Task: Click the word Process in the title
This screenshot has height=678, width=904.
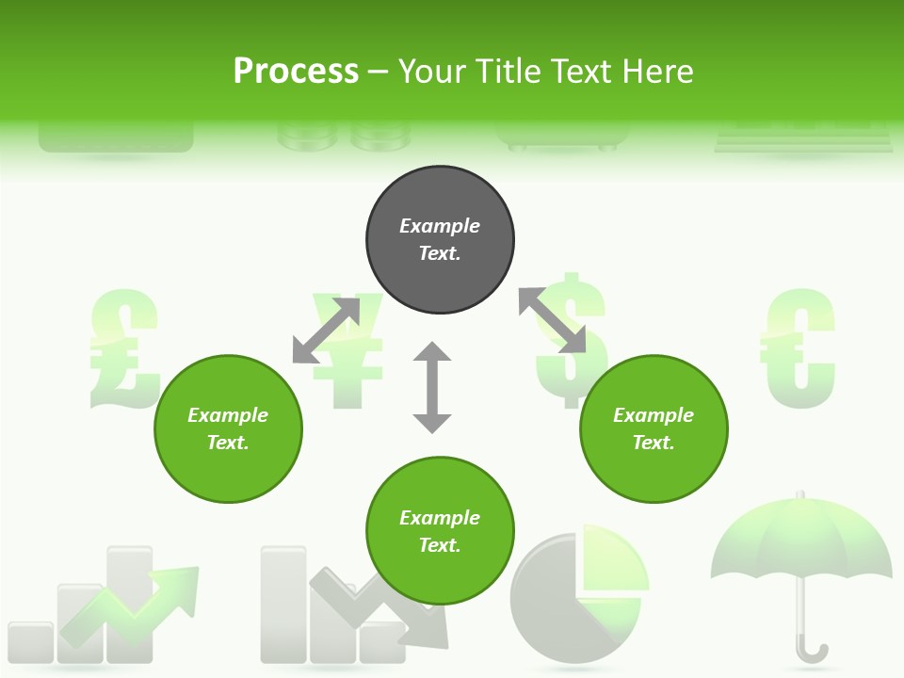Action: (x=296, y=72)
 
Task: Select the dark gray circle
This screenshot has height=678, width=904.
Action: (x=440, y=240)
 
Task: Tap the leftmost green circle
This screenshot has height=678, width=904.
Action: (x=228, y=429)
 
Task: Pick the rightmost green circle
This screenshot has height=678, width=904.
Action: (x=654, y=429)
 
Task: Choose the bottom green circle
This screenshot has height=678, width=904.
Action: (x=440, y=531)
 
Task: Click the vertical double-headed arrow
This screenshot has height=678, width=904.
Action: (x=432, y=388)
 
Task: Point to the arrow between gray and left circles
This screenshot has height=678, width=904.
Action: (x=326, y=331)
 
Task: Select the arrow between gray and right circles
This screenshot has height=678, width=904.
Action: (x=552, y=321)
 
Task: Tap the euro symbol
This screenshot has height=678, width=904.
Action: (x=799, y=348)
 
